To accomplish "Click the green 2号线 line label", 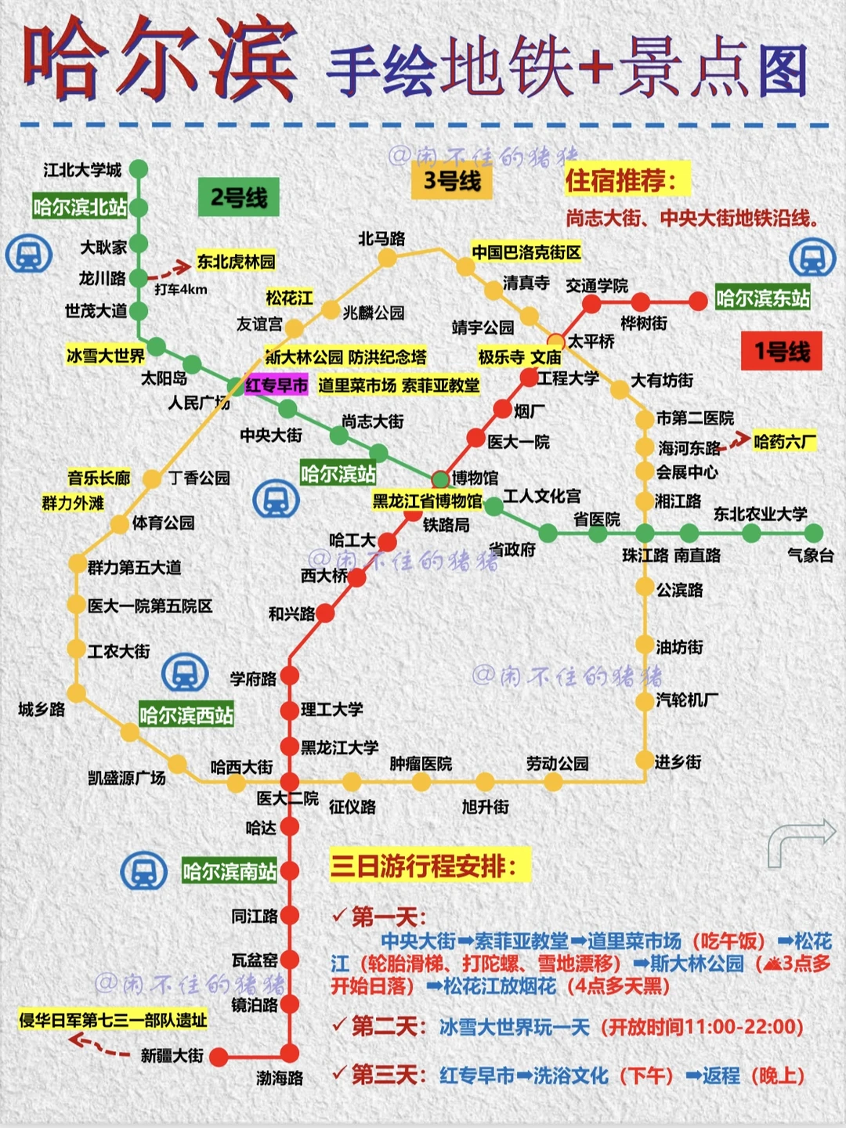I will click(239, 197).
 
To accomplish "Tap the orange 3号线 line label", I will click(452, 182).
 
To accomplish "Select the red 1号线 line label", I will click(781, 351).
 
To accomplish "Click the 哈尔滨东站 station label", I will click(762, 298).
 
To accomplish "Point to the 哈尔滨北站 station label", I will click(79, 208).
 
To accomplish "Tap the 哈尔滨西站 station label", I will click(186, 715).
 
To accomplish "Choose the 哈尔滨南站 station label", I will click(230, 871).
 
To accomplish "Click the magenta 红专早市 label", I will click(277, 385).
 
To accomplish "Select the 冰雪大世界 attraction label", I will click(106, 356).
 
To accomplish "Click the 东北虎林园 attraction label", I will click(236, 262).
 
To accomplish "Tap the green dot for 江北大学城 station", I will click(139, 169).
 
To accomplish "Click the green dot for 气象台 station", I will click(813, 534).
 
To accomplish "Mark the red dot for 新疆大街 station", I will click(219, 1057).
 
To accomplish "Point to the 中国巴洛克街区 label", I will click(526, 252).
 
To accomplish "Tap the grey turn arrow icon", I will click(801, 842).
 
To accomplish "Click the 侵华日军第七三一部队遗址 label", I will click(113, 1020).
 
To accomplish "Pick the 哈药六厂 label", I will click(784, 442).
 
